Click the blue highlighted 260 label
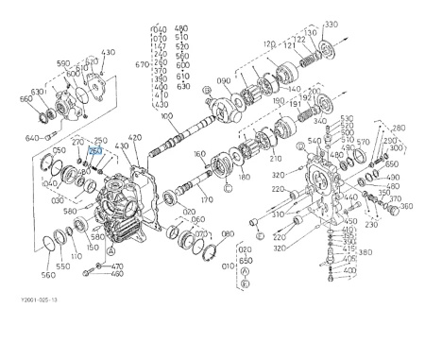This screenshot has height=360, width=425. click(x=95, y=150)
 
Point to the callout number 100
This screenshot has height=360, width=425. click(x=167, y=117)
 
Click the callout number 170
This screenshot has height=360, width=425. click(x=207, y=200)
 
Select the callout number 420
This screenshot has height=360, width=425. click(x=134, y=137)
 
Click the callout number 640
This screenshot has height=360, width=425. click(x=33, y=138)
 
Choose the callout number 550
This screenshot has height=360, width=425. click(x=61, y=267)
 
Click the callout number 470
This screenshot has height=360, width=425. click(x=117, y=267)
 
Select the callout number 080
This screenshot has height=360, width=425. click(x=227, y=233)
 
